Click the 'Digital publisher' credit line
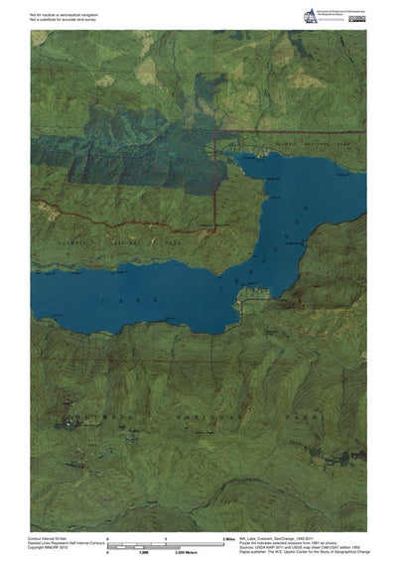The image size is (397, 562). click(308, 552)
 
